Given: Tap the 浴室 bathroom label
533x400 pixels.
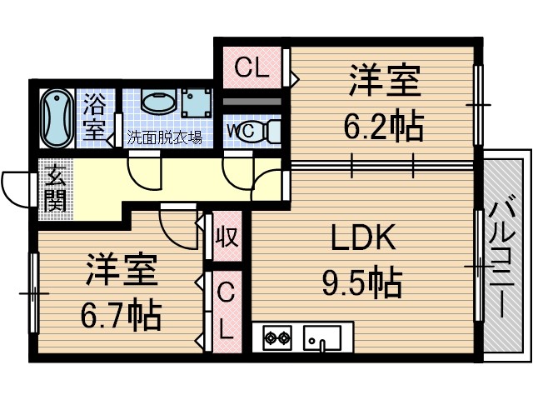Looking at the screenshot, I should (x=95, y=117).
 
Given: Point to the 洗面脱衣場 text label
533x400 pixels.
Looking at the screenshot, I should (x=165, y=137).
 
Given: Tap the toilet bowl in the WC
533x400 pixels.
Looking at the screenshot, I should (x=268, y=132).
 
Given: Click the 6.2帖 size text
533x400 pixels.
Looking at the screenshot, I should (x=384, y=127).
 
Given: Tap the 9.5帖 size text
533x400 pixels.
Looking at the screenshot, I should (x=362, y=283).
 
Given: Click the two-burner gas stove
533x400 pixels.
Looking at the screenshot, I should (x=276, y=337).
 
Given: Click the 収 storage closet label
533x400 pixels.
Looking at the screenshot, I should (x=227, y=237).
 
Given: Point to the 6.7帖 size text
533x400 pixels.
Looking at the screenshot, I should (x=120, y=314).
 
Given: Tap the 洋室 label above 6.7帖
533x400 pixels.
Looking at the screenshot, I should (x=121, y=271).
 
